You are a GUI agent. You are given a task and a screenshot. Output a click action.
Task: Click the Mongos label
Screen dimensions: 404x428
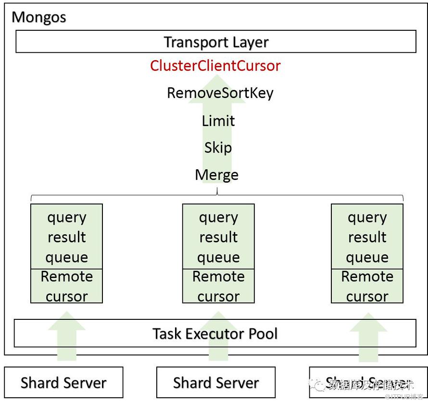[x=38, y=17]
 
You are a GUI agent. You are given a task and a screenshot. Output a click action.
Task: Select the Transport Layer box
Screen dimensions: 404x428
[x=216, y=42]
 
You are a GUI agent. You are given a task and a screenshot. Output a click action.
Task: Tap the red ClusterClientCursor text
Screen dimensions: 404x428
[x=215, y=65]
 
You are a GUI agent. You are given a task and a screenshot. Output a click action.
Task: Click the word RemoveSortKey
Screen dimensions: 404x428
[x=220, y=93]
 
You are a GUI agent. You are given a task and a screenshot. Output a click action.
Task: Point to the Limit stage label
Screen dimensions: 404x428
[x=218, y=121]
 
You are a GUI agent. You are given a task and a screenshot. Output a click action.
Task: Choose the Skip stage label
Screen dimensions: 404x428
[x=218, y=148]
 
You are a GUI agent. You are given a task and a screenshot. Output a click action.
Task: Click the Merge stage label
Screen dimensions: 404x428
[x=216, y=175]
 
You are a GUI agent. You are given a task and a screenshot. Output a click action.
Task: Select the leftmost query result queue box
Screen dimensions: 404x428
[x=66, y=237]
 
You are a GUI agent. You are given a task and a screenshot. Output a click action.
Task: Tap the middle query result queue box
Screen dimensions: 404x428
[x=218, y=237]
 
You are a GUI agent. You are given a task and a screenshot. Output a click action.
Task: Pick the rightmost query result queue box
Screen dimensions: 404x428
[x=367, y=237]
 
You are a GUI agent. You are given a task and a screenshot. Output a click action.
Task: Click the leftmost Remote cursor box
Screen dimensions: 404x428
[x=66, y=286]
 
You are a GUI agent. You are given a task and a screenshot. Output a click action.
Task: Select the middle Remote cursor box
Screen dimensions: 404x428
[x=218, y=286]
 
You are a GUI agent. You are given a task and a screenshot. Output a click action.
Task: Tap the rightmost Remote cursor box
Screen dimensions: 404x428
[x=367, y=286]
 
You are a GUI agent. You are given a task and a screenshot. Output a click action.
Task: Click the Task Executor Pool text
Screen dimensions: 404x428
[x=215, y=333]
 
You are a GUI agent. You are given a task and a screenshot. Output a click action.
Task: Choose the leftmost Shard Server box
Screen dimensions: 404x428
[x=63, y=382]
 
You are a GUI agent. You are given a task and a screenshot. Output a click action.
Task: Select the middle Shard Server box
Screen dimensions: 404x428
[x=216, y=382]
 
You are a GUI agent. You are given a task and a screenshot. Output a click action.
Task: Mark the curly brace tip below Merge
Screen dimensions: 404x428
[x=217, y=194]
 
